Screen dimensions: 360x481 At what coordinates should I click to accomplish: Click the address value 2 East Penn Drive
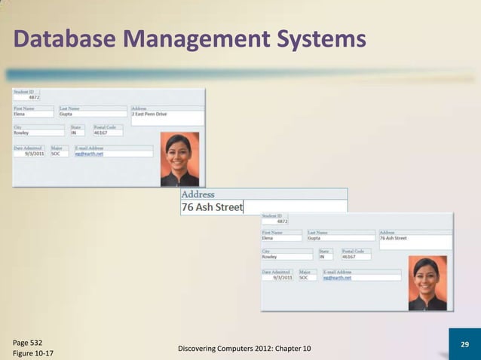[x=149, y=114]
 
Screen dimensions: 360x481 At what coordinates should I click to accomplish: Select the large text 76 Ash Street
[x=212, y=207]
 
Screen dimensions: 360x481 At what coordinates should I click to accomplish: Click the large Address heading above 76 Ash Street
[x=198, y=194]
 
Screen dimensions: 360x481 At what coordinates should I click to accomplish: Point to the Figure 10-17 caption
[x=33, y=352]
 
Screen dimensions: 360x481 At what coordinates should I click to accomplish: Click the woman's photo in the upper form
[x=179, y=159]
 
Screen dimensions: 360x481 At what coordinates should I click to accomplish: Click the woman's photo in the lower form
[x=427, y=283]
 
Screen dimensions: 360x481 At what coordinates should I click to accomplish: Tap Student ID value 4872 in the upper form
[x=34, y=97]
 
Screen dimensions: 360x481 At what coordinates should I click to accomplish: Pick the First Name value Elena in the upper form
[x=21, y=114]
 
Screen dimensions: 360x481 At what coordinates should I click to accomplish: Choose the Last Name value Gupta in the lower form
[x=314, y=238]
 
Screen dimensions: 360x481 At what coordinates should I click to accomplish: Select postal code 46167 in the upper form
[x=90, y=133]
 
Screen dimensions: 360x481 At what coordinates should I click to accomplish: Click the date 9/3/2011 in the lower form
[x=282, y=277]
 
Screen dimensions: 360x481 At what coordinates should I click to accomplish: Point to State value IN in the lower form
[x=322, y=257]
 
